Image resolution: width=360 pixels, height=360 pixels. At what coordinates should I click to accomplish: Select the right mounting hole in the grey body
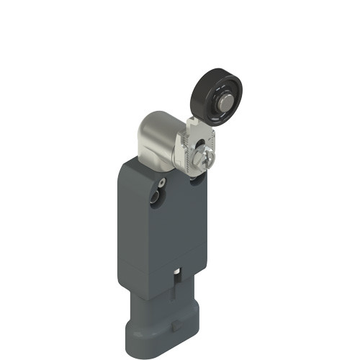click(x=197, y=183)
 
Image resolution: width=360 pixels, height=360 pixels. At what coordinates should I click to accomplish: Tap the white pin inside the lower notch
click(x=178, y=282)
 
